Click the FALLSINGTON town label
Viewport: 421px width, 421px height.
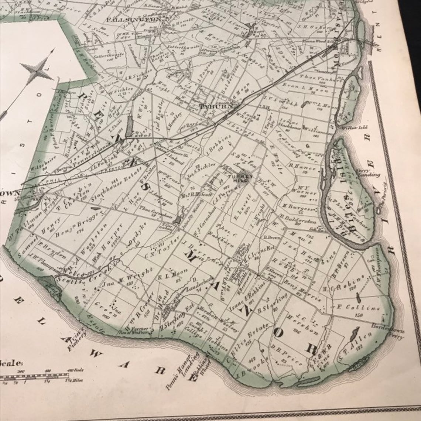[x=134, y=19]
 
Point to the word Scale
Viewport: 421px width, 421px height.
[x=11, y=363]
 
